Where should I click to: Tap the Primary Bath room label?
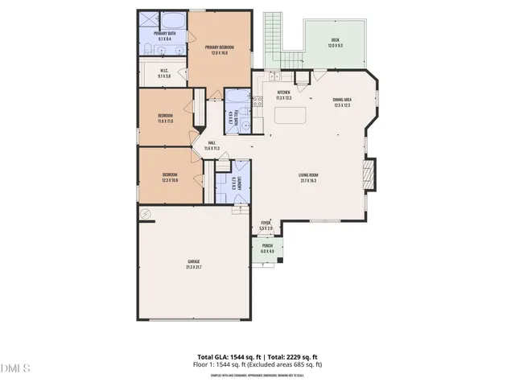[165, 33]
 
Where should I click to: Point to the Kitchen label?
[283, 92]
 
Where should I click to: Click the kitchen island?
[290, 114]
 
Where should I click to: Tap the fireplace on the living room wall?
[369, 175]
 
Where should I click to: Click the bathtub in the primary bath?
[171, 19]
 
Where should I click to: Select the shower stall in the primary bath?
[147, 21]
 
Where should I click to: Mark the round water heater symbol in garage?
[146, 214]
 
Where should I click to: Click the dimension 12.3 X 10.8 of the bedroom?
[170, 179]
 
